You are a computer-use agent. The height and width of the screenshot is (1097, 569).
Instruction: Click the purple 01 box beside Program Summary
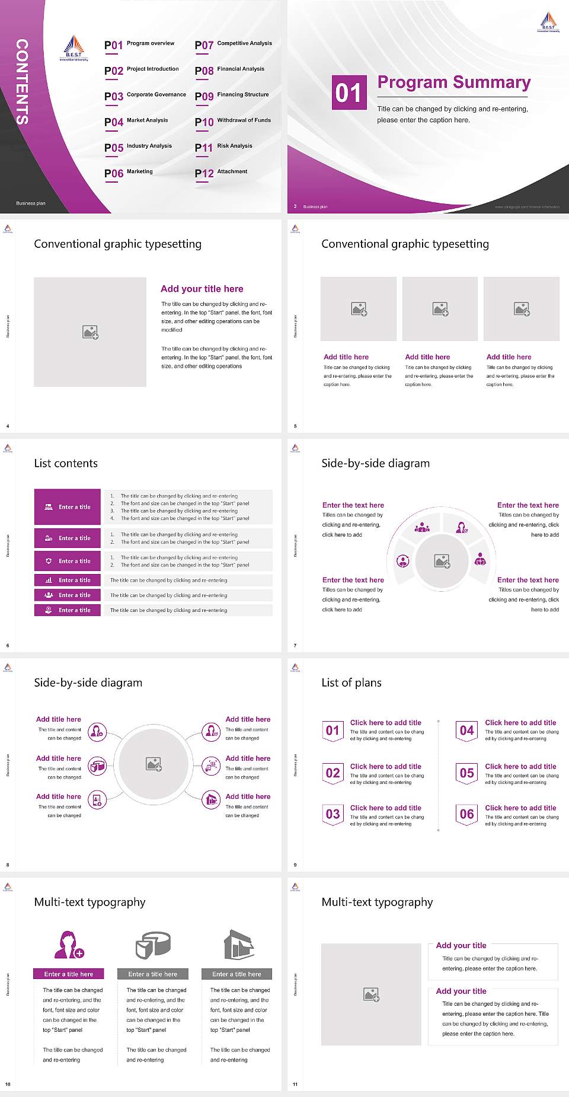(x=349, y=93)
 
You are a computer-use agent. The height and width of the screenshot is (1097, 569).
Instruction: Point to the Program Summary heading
(x=453, y=82)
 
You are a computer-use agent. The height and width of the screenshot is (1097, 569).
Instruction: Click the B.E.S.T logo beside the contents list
(x=73, y=49)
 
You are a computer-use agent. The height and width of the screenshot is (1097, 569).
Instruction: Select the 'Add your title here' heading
(x=202, y=289)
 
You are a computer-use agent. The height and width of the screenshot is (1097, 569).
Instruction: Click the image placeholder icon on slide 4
(x=90, y=332)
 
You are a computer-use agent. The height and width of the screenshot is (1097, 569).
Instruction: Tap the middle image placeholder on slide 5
(x=440, y=309)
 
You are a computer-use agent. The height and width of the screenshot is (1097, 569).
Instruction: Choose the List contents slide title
(x=66, y=463)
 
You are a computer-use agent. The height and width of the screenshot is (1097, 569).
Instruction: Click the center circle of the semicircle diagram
(x=442, y=561)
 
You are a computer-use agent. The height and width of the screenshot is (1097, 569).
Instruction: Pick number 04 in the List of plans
(x=467, y=731)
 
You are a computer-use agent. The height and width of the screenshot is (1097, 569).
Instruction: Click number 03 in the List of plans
(x=333, y=814)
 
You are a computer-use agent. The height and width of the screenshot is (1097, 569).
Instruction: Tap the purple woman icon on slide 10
(x=69, y=945)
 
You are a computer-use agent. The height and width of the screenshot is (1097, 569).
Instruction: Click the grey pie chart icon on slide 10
(x=153, y=945)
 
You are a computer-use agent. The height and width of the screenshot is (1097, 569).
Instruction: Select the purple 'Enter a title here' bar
(x=69, y=974)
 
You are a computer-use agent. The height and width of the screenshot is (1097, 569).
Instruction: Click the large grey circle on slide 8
(x=154, y=764)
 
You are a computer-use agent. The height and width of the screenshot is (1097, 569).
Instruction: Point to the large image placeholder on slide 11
(x=372, y=994)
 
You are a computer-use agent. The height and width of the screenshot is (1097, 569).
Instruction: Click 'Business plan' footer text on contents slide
(x=31, y=203)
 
